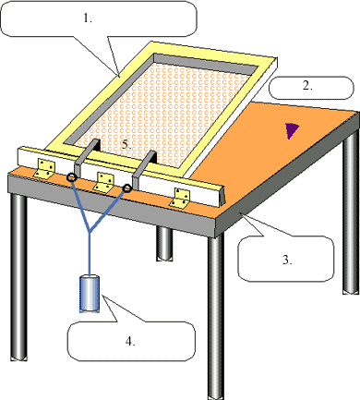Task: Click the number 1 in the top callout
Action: pos(88,18)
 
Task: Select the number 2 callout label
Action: pos(307,86)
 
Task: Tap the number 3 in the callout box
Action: pos(287,261)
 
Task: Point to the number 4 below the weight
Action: pos(130,341)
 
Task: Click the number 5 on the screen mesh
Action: pos(126,144)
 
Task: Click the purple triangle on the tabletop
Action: pos(291,130)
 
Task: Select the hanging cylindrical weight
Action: pos(90,294)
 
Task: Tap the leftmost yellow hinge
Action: pos(44,169)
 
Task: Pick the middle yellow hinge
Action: pos(104,182)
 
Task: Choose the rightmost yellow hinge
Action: pos(181,198)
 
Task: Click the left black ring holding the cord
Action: pos(72,177)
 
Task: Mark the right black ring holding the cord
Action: pos(126,188)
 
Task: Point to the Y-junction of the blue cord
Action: pos(90,231)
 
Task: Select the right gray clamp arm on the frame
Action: pos(143,169)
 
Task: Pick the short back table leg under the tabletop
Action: pos(164,243)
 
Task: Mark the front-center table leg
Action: pos(215,314)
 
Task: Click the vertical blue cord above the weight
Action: pos(90,254)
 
